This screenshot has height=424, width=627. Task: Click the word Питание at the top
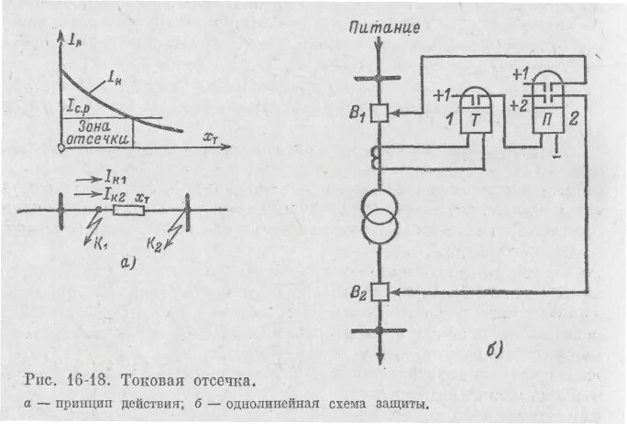point(385,27)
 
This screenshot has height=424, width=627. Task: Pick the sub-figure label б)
point(493,349)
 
